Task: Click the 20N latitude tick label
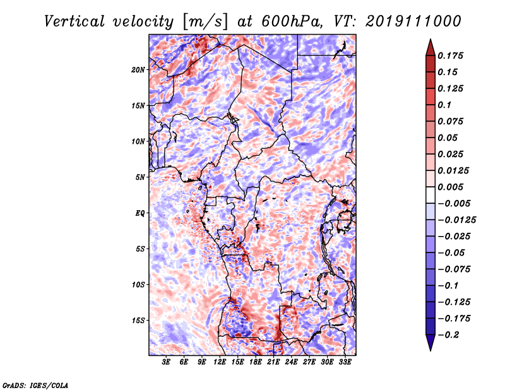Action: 139,69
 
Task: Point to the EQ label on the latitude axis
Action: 140,213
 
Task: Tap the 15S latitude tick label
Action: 139,321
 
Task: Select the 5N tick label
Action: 141,177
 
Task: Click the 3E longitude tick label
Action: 167,362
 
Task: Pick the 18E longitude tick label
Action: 256,362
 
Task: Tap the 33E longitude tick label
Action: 345,362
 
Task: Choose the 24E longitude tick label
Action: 292,362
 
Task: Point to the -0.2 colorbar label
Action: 451,334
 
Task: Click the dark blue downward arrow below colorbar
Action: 429,343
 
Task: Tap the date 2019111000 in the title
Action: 407,21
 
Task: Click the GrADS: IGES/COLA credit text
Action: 35,384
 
